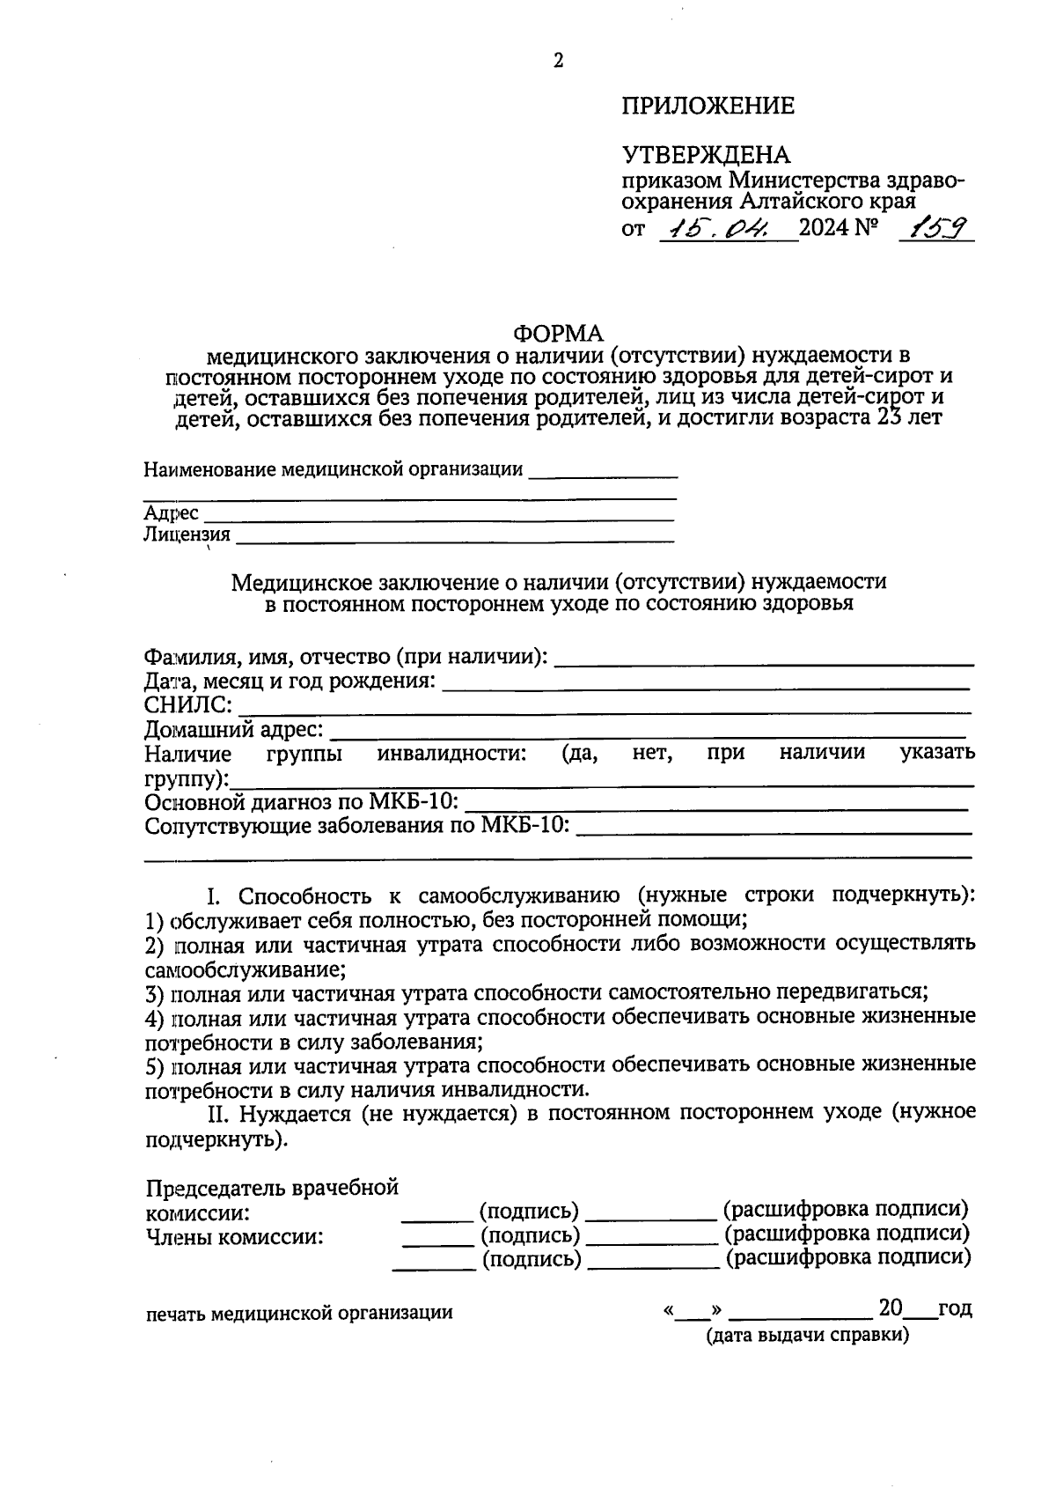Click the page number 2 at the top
[x=558, y=61]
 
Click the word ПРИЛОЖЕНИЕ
[x=708, y=107]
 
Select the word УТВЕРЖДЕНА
[x=706, y=156]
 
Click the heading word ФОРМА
[x=559, y=334]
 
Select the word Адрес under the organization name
[x=171, y=513]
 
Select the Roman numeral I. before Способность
[x=215, y=897]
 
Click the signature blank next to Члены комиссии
[x=437, y=1243]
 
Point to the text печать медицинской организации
[x=299, y=1313]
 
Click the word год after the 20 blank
[x=955, y=1308]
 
